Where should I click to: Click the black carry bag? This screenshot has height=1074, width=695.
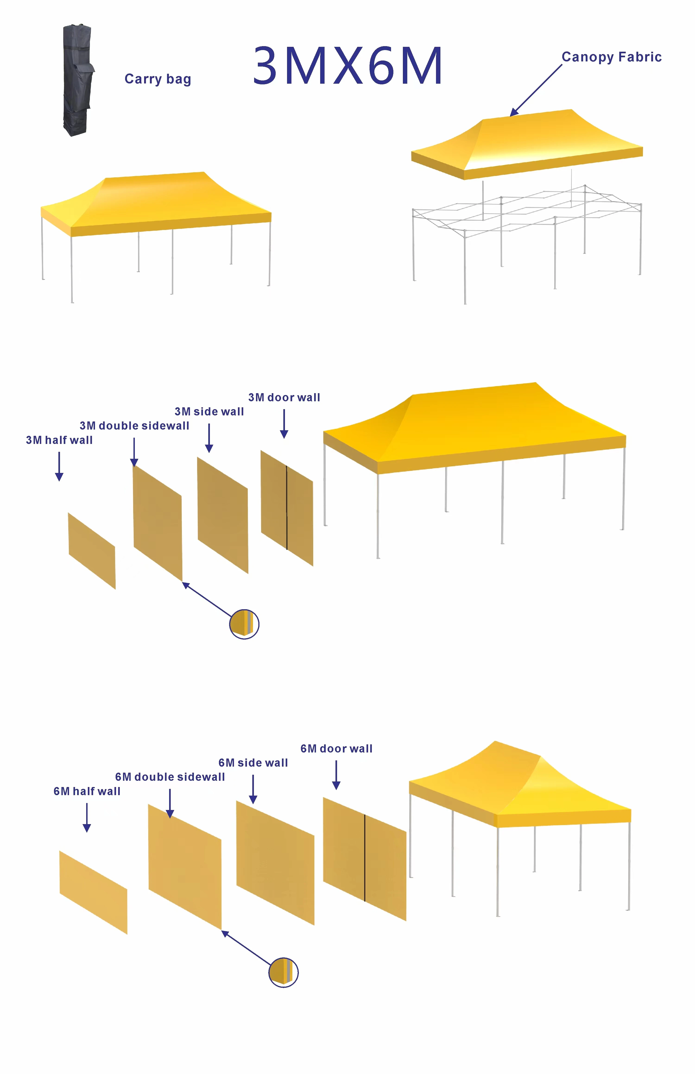coord(78,80)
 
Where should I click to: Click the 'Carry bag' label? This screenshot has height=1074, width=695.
coord(158,79)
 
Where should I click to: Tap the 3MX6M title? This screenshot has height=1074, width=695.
coord(347,65)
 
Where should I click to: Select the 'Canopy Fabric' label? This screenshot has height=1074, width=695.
coord(612,57)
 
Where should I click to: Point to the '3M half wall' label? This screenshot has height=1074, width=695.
coord(59,440)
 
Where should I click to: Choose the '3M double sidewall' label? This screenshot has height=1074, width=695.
coord(134,426)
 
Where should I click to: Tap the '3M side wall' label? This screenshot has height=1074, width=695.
coord(209,411)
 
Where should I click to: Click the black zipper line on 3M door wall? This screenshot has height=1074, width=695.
coord(286,508)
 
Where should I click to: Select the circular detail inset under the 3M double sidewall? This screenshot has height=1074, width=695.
coord(244,624)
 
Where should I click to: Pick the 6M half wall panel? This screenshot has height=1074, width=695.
coord(93,892)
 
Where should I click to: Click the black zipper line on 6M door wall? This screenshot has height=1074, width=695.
coord(364,858)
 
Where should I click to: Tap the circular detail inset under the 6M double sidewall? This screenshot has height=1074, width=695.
coord(283,972)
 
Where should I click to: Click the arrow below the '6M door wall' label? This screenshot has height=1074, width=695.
coord(336,775)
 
